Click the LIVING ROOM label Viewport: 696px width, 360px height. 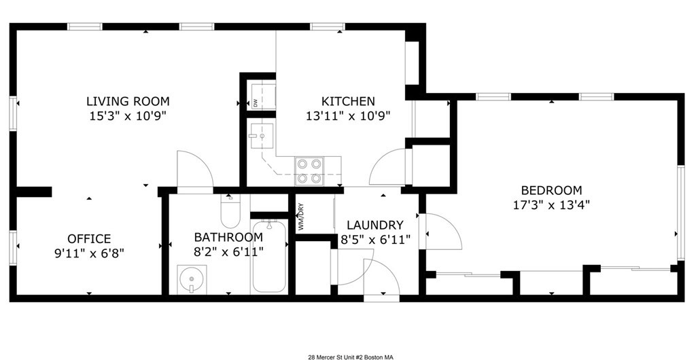pyautogui.click(x=128, y=101)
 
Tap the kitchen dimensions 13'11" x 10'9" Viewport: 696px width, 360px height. pyautogui.click(x=348, y=116)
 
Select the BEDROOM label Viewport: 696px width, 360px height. pyautogui.click(x=551, y=191)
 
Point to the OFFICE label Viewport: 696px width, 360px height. pyautogui.click(x=89, y=239)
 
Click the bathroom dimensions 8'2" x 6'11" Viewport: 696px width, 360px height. pyautogui.click(x=228, y=252)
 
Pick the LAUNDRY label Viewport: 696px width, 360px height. pyautogui.click(x=375, y=226)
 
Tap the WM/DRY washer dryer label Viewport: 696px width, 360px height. pyautogui.click(x=301, y=217)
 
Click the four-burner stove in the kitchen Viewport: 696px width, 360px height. pyautogui.click(x=309, y=171)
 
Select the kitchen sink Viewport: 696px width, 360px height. pyautogui.click(x=262, y=135)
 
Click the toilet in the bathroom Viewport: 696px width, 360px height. pyautogui.click(x=230, y=211)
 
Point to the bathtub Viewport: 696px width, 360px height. pyautogui.click(x=269, y=256)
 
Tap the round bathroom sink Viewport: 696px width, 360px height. pyautogui.click(x=192, y=279)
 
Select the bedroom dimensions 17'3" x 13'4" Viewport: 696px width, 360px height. pyautogui.click(x=551, y=205)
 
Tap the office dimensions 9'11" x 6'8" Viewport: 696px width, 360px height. pyautogui.click(x=89, y=253)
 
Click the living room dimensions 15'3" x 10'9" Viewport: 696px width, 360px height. pyautogui.click(x=128, y=116)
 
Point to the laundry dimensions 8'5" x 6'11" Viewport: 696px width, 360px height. pyautogui.click(x=375, y=240)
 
